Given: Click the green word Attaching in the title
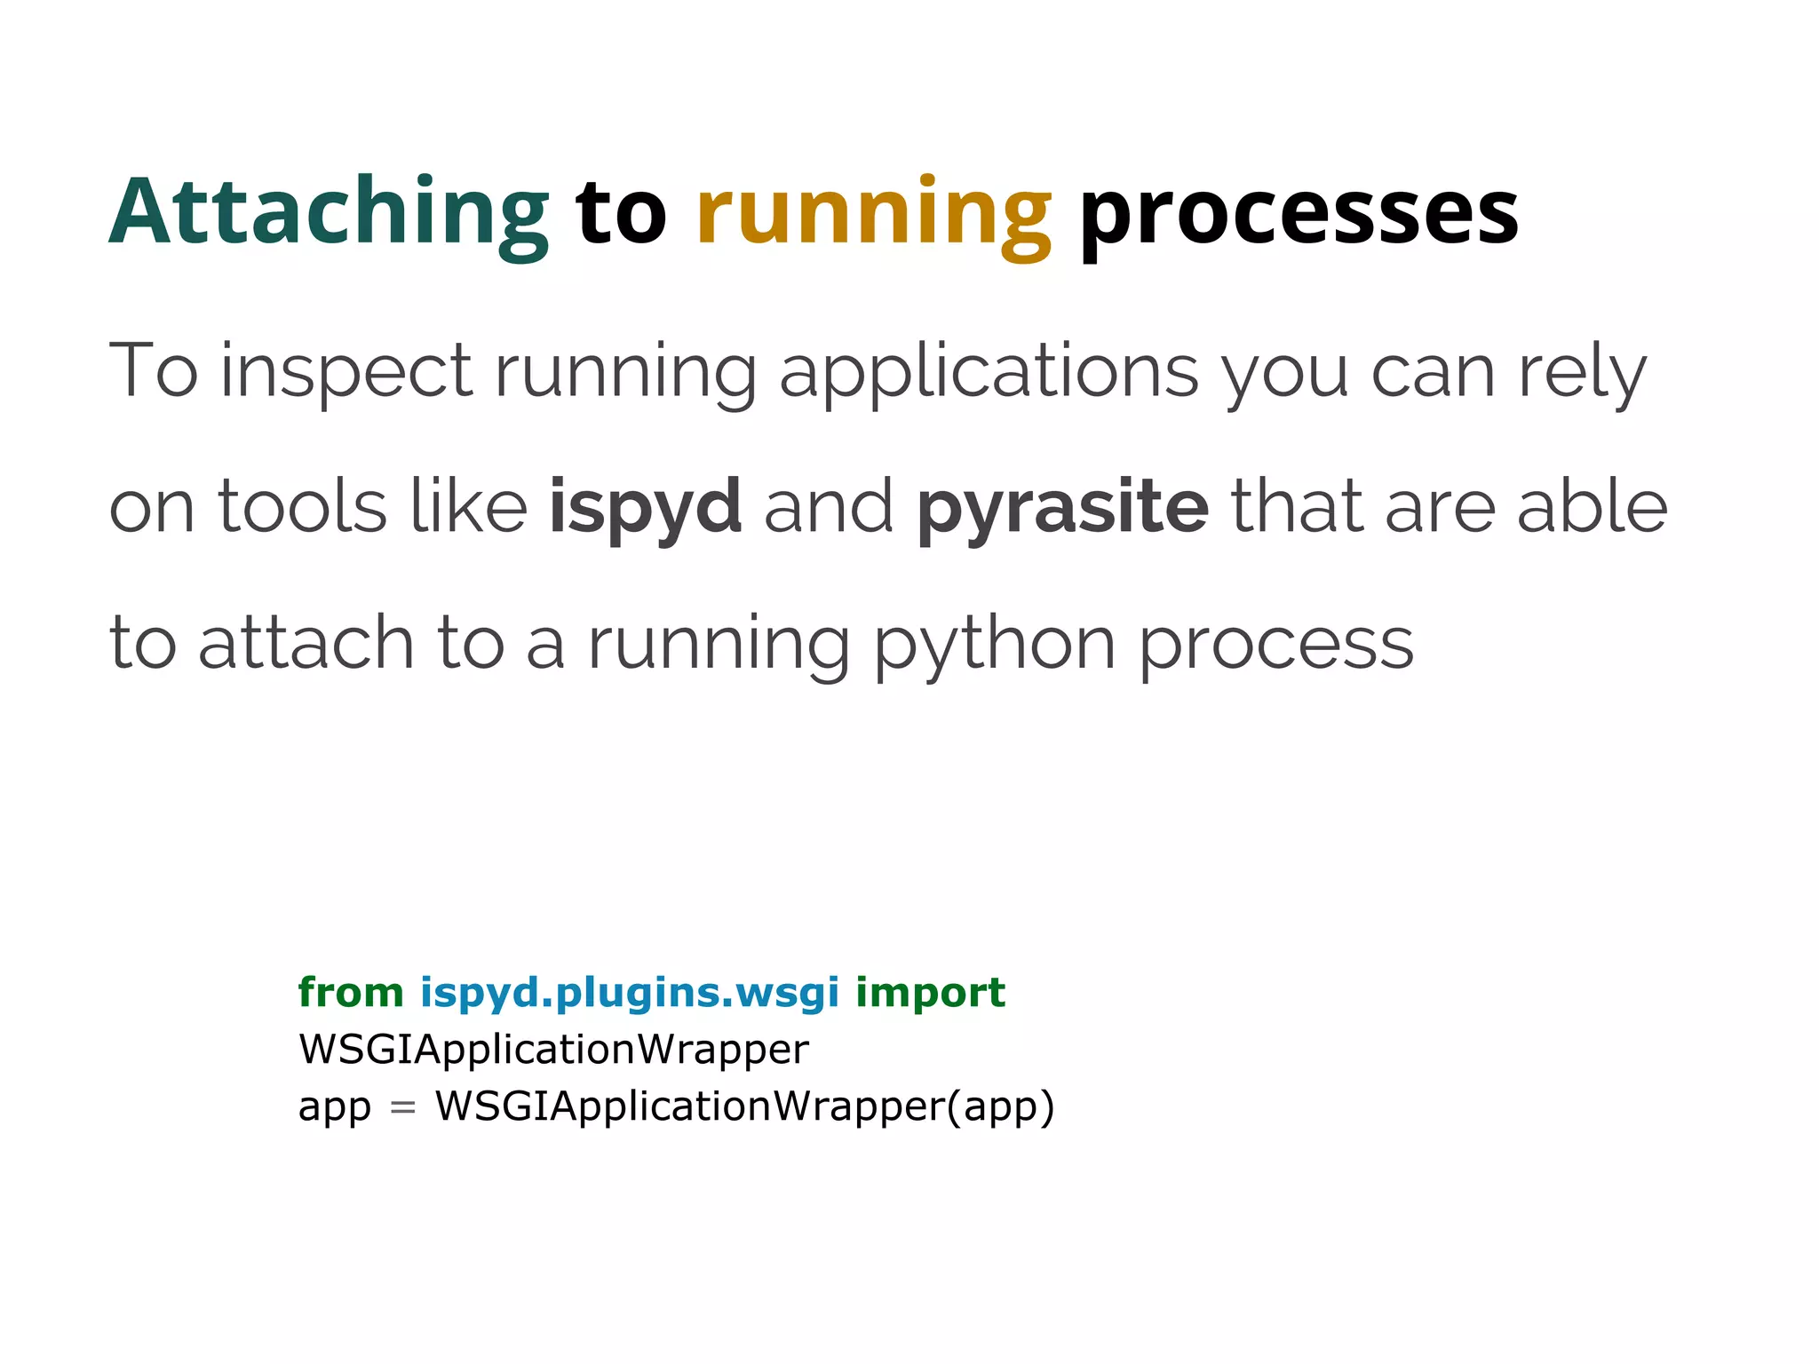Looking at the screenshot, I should [329, 213].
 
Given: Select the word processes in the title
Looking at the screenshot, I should [1299, 213].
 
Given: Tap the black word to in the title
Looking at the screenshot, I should [621, 213].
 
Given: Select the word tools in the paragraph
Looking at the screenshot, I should [303, 508].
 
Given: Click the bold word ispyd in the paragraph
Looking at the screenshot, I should [645, 508].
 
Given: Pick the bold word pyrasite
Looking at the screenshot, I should [1062, 508].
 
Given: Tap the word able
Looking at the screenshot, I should [1592, 508].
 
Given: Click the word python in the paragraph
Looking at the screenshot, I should [995, 645].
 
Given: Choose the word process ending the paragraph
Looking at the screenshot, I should [1275, 645].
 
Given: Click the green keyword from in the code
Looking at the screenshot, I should [351, 993].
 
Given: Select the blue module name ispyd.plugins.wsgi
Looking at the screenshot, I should [629, 993].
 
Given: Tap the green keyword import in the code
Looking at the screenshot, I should [930, 993].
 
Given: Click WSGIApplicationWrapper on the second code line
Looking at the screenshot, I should [553, 1050].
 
